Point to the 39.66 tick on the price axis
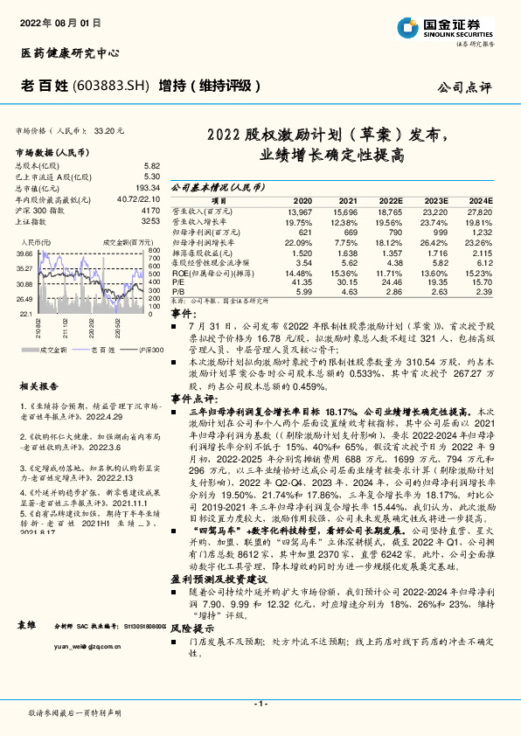point(24,253)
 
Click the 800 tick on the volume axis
point(155,251)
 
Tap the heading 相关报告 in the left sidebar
point(36,385)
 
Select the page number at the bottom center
point(260,704)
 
